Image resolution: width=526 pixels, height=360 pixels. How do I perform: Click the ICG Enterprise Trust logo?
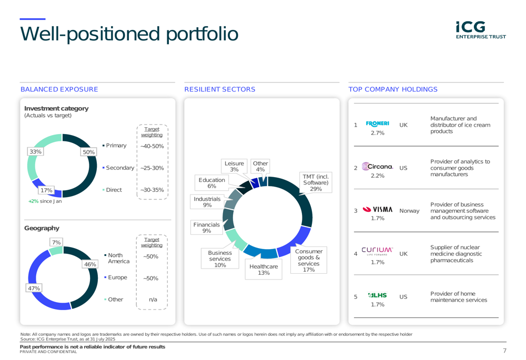pyautogui.click(x=481, y=30)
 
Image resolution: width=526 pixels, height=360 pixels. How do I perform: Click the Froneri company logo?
pyautogui.click(x=377, y=124)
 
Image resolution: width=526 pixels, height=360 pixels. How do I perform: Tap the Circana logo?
pyautogui.click(x=377, y=166)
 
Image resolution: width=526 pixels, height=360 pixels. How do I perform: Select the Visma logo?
pyautogui.click(x=377, y=209)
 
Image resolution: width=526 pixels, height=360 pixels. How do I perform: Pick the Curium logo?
pyautogui.click(x=377, y=251)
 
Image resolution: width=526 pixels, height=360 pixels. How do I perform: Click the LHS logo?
pyautogui.click(x=377, y=295)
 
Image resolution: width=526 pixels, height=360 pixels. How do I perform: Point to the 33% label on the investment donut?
pyautogui.click(x=35, y=151)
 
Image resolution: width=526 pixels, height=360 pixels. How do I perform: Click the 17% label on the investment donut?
pyautogui.click(x=46, y=190)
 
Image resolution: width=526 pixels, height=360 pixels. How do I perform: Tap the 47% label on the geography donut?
pyautogui.click(x=34, y=289)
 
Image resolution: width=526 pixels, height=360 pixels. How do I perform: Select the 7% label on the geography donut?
pyautogui.click(x=56, y=242)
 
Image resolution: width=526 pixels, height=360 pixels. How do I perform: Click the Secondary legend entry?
pyautogui.click(x=118, y=168)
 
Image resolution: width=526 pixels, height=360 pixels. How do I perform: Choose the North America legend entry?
pyautogui.click(x=117, y=258)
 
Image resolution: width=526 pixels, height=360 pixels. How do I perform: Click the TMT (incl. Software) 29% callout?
pyautogui.click(x=316, y=183)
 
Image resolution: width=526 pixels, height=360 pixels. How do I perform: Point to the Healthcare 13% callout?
pyautogui.click(x=264, y=270)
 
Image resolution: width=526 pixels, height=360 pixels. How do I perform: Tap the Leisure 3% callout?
pyautogui.click(x=234, y=166)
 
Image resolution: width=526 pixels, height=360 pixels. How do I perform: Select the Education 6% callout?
pyautogui.click(x=211, y=183)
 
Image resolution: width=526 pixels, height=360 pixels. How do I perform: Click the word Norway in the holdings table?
pyautogui.click(x=409, y=211)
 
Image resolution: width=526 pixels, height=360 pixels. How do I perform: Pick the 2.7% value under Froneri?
pyautogui.click(x=377, y=133)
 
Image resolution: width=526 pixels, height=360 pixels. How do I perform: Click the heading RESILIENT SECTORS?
pyautogui.click(x=220, y=89)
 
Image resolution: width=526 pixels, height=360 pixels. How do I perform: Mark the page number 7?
pyautogui.click(x=504, y=351)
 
